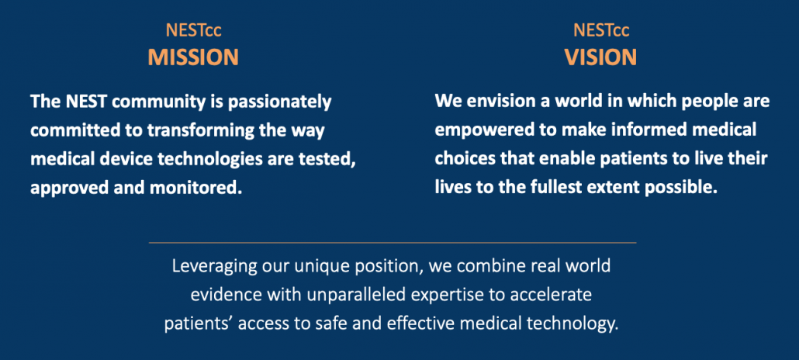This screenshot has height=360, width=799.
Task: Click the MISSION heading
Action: [193, 57]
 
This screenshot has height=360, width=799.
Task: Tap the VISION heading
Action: [600, 57]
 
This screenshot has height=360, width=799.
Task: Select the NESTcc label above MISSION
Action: [194, 30]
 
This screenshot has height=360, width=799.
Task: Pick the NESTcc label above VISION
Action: [601, 30]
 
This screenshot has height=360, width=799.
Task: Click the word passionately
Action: [279, 102]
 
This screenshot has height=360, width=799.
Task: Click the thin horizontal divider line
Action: [393, 243]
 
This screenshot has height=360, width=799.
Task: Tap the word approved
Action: [63, 189]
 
